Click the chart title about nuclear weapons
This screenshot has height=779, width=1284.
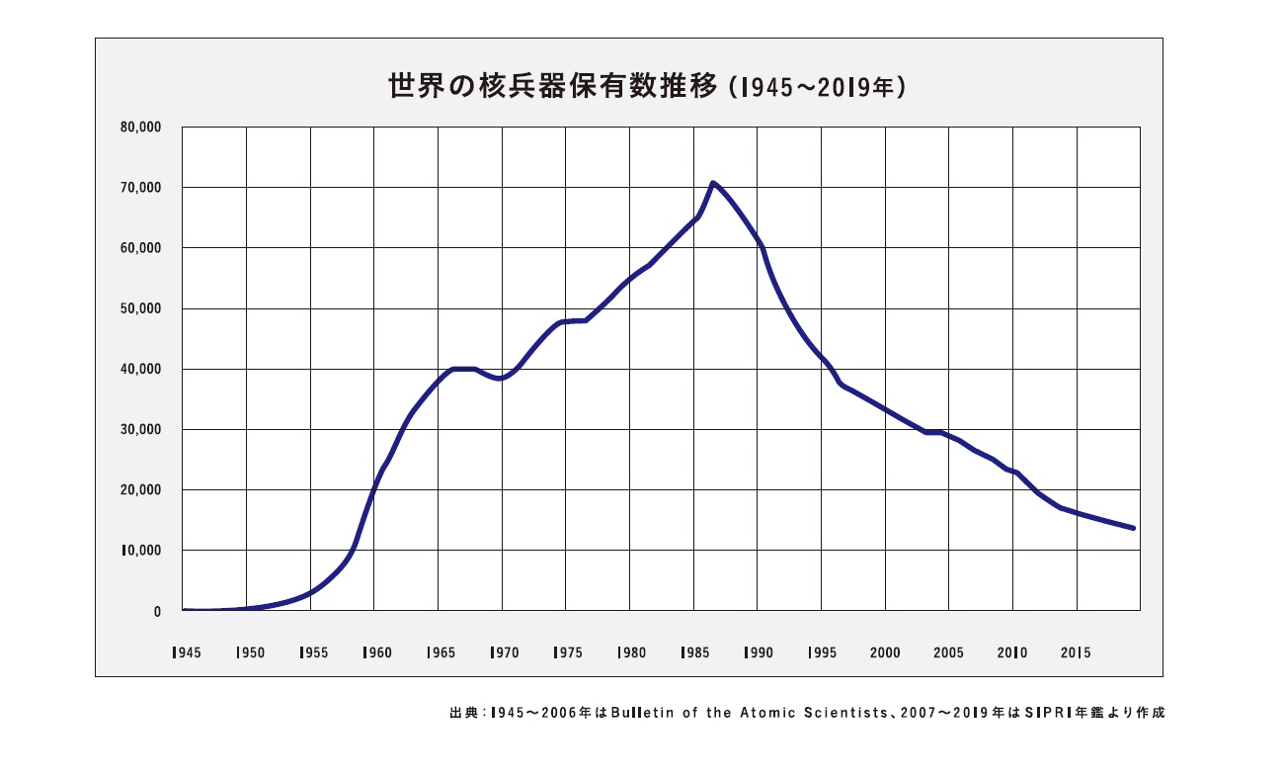(x=647, y=87)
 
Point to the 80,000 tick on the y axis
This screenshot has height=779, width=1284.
(x=141, y=128)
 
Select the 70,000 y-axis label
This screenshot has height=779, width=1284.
(x=141, y=188)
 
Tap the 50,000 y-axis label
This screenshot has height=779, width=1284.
(x=141, y=308)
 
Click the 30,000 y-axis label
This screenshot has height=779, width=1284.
(x=141, y=430)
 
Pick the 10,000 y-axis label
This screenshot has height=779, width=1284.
(x=141, y=551)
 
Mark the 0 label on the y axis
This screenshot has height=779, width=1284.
(x=156, y=612)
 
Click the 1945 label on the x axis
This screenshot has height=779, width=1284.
(x=185, y=652)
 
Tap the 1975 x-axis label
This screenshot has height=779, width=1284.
(x=567, y=652)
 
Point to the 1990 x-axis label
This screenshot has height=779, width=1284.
(x=759, y=652)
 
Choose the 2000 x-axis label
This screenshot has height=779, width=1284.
(x=886, y=652)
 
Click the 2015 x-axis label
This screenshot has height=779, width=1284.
(x=1076, y=652)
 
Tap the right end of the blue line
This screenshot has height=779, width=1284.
(x=1134, y=528)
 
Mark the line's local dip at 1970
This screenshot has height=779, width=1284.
(x=502, y=379)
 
